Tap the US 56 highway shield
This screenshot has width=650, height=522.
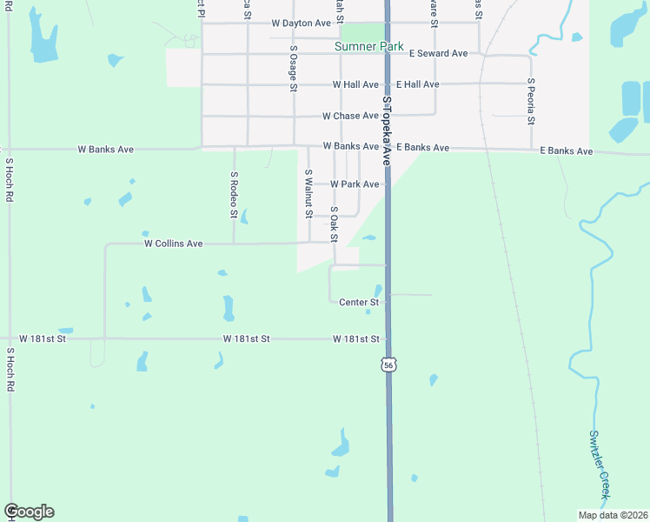pos(388,365)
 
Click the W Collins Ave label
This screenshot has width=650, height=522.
pos(173,244)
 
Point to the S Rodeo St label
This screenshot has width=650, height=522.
pos(234,194)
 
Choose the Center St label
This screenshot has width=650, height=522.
pos(359,303)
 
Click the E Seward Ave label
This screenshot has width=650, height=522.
pos(439,54)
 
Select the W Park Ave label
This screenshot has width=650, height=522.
pos(355,184)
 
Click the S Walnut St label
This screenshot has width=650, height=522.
pos(308,194)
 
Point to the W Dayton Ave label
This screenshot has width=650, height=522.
pos(301,23)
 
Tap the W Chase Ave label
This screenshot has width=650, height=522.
pos(351,116)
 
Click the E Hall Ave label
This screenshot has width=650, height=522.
pos(417,84)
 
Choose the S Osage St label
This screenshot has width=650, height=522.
pos(294,69)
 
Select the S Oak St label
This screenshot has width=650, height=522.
pos(334,224)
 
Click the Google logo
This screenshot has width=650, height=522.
pos(29,512)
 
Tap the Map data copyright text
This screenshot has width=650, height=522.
pos(614,515)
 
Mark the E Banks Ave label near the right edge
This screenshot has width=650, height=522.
pos(566,151)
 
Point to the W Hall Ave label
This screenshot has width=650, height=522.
pos(355,84)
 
